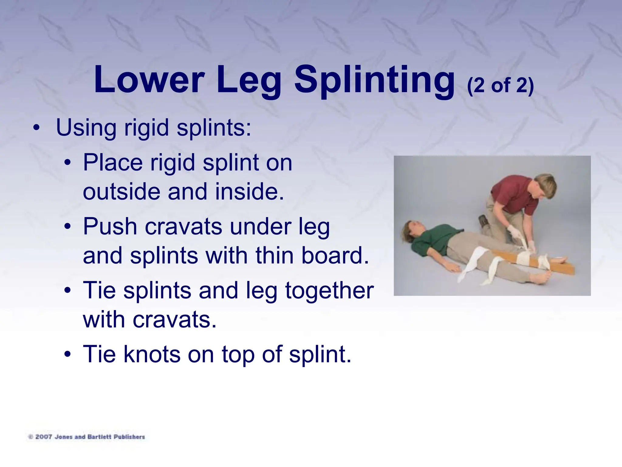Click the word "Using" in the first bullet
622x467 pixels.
pos(86,127)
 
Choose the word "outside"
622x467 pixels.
pos(121,192)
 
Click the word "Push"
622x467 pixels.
pos(110,227)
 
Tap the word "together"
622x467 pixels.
pos(330,290)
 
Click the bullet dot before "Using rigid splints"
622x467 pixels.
pos(36,128)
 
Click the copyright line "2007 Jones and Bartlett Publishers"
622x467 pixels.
pos(87,437)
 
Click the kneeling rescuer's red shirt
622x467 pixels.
pos(513,195)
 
